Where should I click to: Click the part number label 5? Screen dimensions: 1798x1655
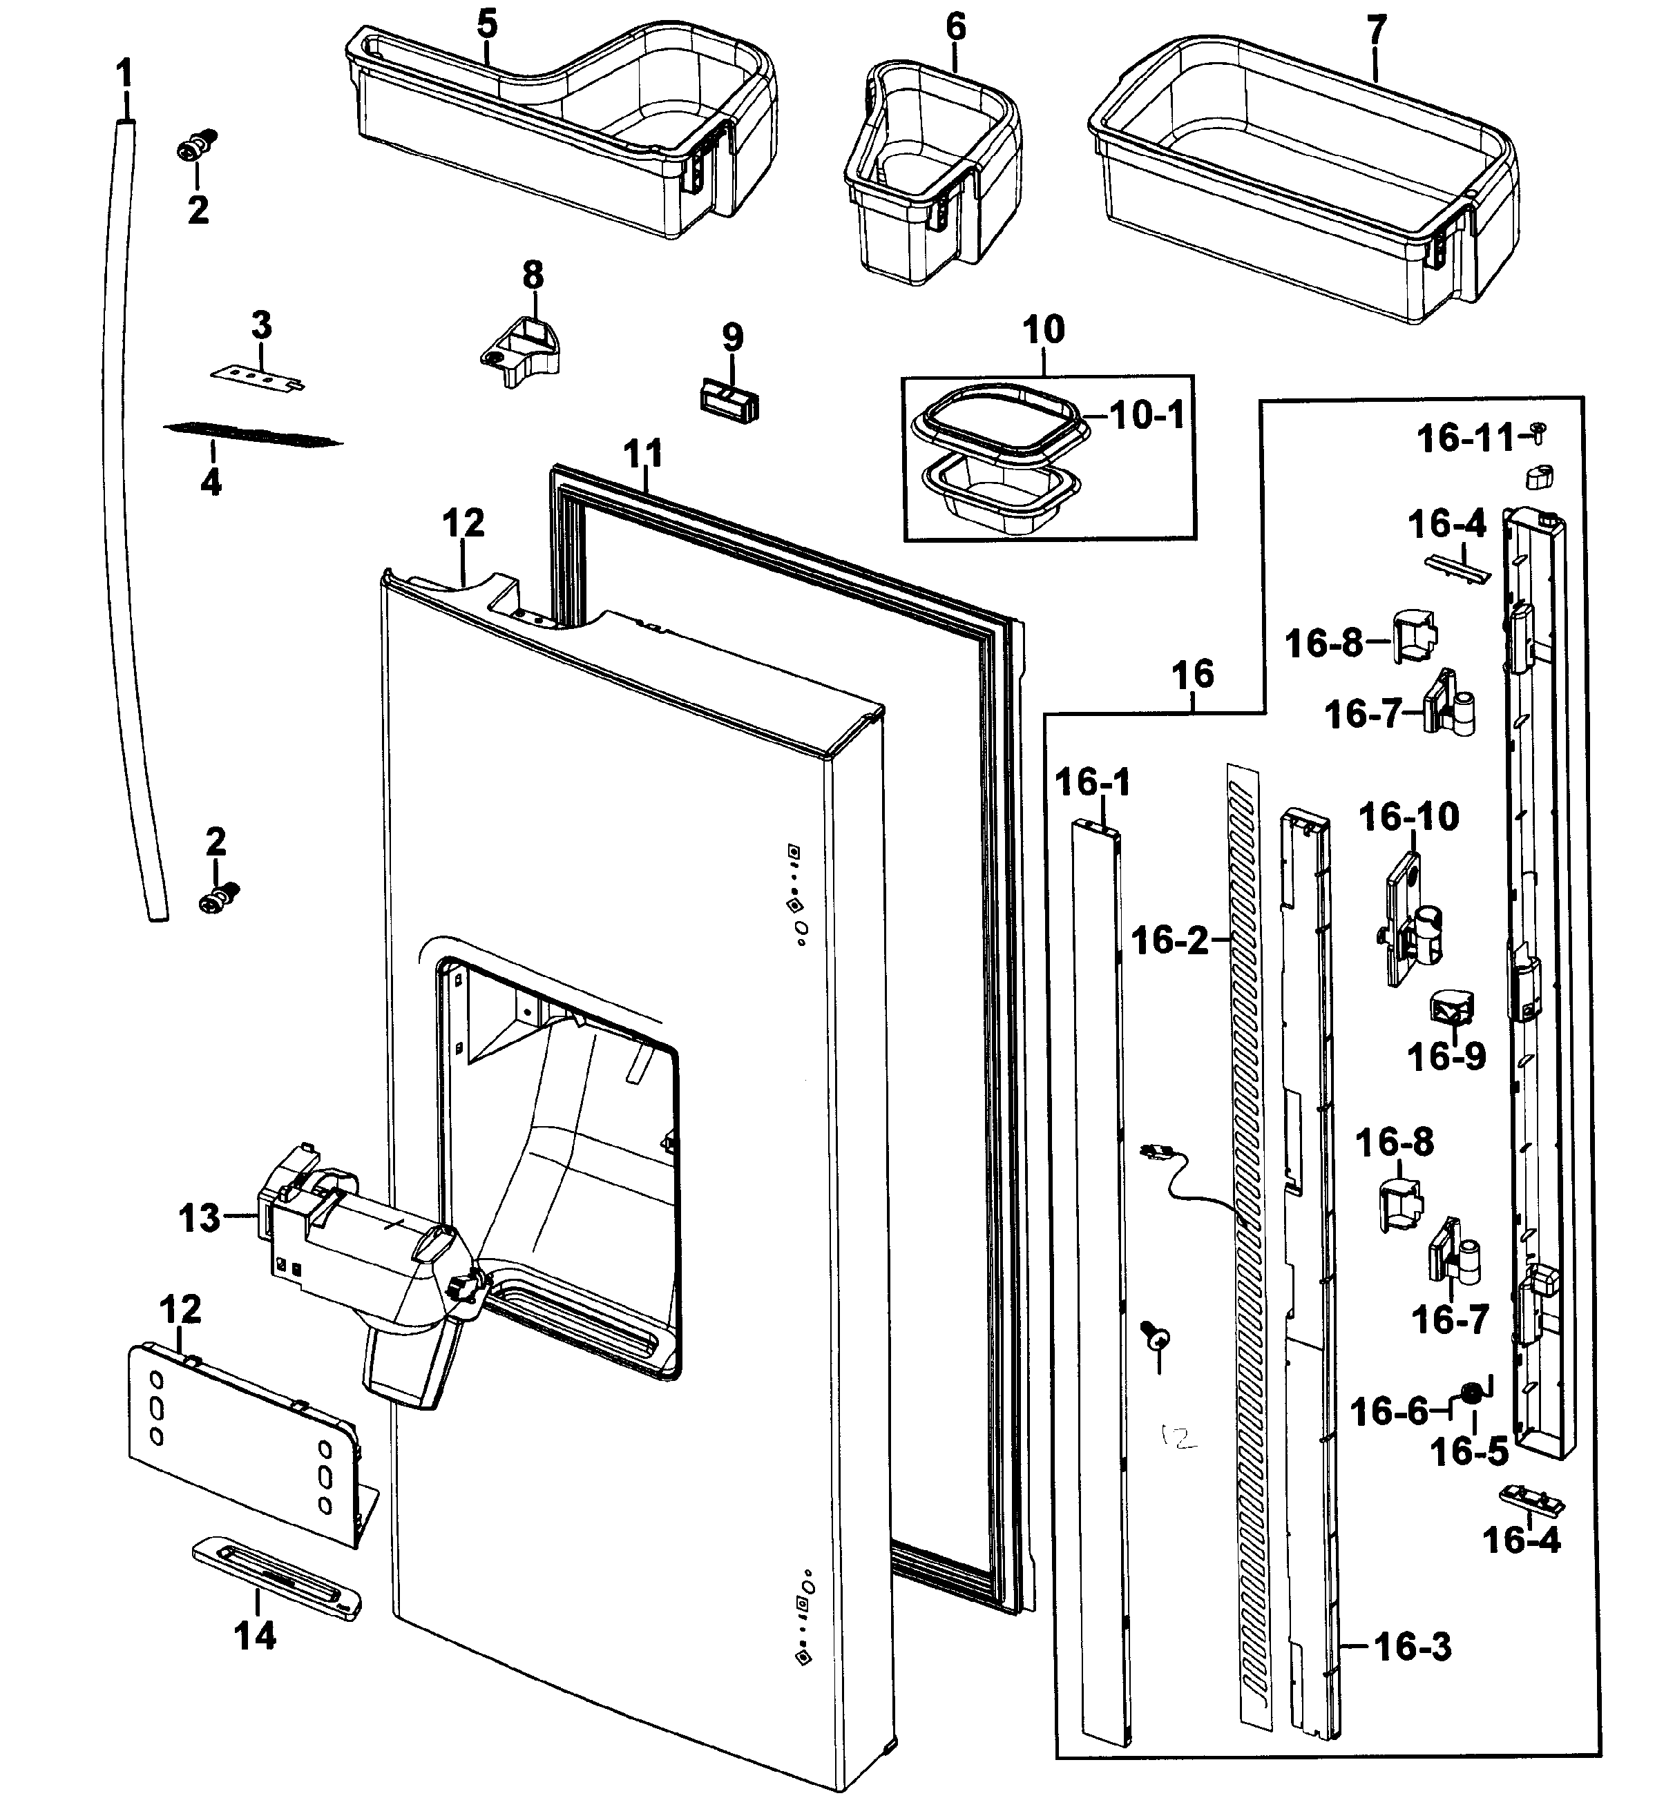(486, 24)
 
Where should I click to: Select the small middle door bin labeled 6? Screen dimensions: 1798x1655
(931, 170)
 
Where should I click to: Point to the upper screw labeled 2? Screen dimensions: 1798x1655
(198, 145)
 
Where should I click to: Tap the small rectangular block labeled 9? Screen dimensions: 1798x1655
(729, 398)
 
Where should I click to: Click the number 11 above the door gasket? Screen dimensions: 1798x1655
(643, 454)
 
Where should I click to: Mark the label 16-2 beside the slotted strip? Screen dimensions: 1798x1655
(1169, 940)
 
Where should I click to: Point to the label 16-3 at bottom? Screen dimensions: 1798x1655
(1413, 1646)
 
